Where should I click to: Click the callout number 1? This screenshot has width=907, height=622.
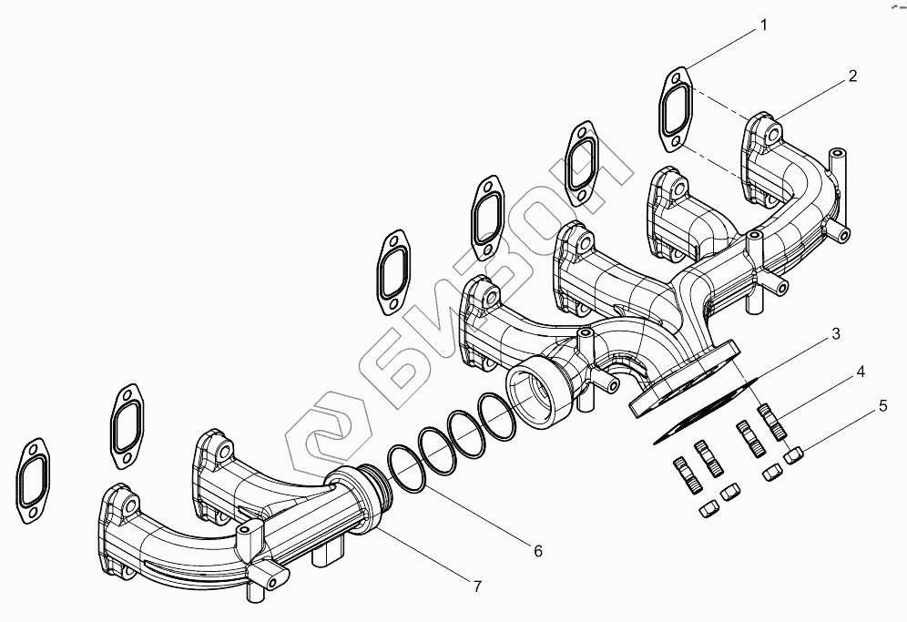(x=764, y=25)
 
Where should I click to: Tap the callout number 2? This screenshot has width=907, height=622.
(x=852, y=76)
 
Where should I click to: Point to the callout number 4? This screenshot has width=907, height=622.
(x=859, y=372)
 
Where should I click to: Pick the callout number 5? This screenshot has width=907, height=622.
(x=882, y=407)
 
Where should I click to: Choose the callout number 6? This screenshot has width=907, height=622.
(x=537, y=551)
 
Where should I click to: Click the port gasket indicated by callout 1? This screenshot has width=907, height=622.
(x=676, y=108)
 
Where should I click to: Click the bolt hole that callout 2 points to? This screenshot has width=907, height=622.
(x=771, y=134)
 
